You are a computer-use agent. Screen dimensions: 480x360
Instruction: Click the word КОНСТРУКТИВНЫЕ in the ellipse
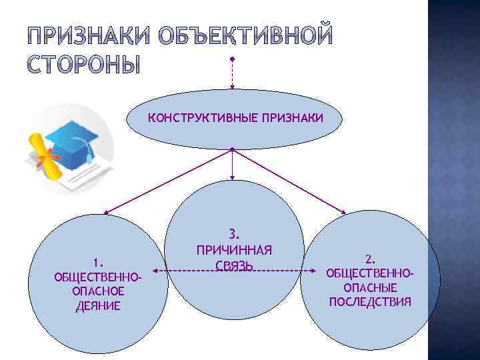click(191, 118)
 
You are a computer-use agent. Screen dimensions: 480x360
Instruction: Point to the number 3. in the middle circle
click(233, 235)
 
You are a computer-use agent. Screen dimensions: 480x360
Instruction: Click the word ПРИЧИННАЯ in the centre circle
click(233, 251)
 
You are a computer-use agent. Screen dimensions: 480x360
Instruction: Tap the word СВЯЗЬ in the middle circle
click(233, 267)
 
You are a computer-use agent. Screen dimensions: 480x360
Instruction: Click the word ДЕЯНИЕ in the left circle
click(99, 306)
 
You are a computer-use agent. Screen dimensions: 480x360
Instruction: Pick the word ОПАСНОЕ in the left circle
click(99, 291)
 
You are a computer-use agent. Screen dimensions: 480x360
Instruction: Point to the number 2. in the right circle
click(371, 257)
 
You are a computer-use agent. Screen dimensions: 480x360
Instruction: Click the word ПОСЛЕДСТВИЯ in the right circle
click(371, 302)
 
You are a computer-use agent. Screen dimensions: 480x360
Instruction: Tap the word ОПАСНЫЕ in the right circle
click(371, 287)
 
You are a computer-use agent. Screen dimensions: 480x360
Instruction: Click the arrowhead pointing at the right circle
click(343, 213)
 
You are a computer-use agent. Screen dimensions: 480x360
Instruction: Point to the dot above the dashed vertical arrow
click(231, 59)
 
